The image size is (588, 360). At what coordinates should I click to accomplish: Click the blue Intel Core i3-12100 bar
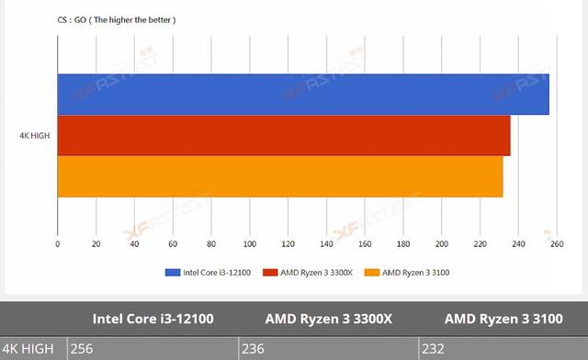click(303, 94)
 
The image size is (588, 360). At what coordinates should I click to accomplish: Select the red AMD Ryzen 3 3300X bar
click(284, 135)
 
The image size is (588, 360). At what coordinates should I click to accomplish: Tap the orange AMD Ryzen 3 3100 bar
click(280, 176)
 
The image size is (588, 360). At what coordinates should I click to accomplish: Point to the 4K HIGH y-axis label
click(34, 136)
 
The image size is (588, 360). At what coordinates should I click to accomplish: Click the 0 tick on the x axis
click(58, 244)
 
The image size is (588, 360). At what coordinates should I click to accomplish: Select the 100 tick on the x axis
click(250, 244)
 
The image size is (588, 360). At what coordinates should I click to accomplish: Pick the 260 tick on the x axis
click(557, 244)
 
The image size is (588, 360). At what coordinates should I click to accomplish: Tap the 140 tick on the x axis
click(326, 244)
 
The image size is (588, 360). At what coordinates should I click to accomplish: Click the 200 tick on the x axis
click(442, 244)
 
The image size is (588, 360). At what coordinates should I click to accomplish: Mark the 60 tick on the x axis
click(173, 244)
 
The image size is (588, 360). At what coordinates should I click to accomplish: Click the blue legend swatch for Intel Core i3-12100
click(173, 273)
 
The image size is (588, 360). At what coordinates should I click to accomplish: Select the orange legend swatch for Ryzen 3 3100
click(371, 273)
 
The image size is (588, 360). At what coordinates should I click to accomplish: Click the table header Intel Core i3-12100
click(153, 320)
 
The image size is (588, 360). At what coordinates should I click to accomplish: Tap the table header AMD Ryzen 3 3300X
click(328, 320)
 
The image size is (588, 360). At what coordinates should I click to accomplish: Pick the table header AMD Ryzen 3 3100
click(502, 320)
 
